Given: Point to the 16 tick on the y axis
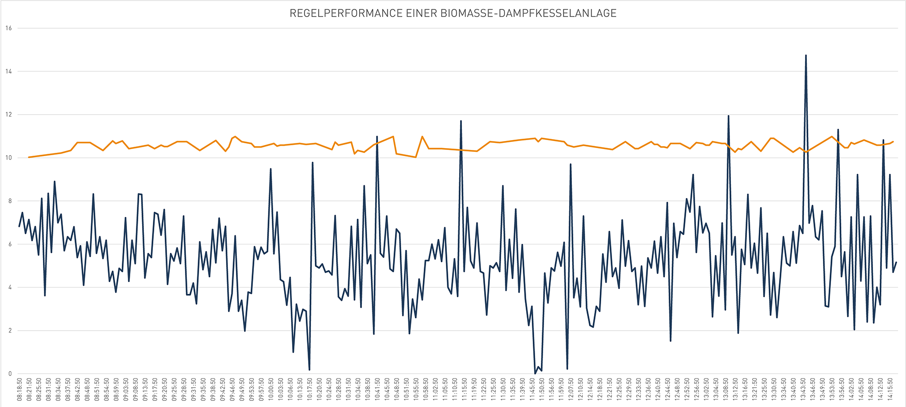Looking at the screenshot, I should tap(8, 28).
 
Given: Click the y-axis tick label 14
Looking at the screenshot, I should tap(8, 72).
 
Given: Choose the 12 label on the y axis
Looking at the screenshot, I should tap(8, 115).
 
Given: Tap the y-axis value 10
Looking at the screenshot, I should tap(8, 158).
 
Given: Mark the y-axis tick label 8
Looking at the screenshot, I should tap(9, 201).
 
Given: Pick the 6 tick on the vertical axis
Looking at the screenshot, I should tap(9, 244).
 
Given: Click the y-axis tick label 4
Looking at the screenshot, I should tap(9, 288).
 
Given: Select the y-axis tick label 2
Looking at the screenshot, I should tap(9, 331).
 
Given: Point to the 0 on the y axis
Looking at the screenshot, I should tap(9, 374).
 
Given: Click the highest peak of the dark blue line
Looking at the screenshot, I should tap(805, 56).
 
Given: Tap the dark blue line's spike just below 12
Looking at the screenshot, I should tap(728, 116).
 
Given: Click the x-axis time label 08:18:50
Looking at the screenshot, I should tap(19, 389).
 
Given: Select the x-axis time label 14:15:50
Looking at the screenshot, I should tap(890, 389).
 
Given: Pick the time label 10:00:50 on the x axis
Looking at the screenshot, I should tap(271, 389).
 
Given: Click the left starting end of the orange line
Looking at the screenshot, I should tap(29, 157).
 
